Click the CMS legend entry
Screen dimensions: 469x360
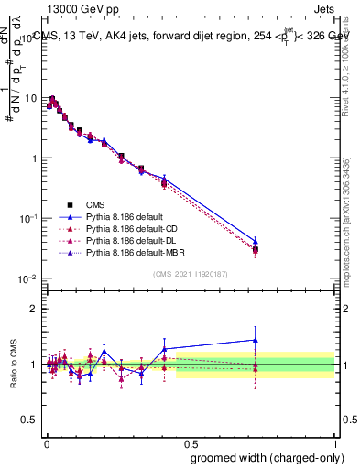(x=95, y=205)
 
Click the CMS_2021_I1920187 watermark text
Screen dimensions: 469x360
(x=190, y=273)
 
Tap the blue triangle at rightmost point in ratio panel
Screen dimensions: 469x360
(x=255, y=340)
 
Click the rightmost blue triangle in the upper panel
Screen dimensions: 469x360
(x=256, y=241)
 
